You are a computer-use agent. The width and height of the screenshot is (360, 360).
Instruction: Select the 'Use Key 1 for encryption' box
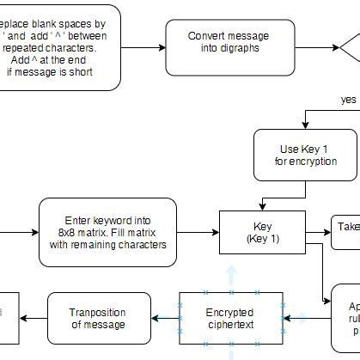click(x=293, y=155)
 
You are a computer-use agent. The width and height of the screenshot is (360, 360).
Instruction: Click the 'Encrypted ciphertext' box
click(x=230, y=318)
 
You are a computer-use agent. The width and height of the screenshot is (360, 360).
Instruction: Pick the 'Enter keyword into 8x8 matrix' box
click(x=107, y=232)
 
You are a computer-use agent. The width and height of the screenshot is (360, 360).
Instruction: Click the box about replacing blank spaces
click(x=52, y=47)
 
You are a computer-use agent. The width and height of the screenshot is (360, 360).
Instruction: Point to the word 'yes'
click(x=348, y=100)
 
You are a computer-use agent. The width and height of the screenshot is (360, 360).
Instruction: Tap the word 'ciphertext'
click(x=230, y=325)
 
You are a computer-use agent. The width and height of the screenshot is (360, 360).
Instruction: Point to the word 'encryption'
click(x=306, y=162)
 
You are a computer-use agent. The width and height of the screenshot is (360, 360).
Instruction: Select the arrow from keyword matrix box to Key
click(x=198, y=232)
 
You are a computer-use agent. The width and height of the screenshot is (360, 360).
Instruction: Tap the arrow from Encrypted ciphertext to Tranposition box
click(x=163, y=318)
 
